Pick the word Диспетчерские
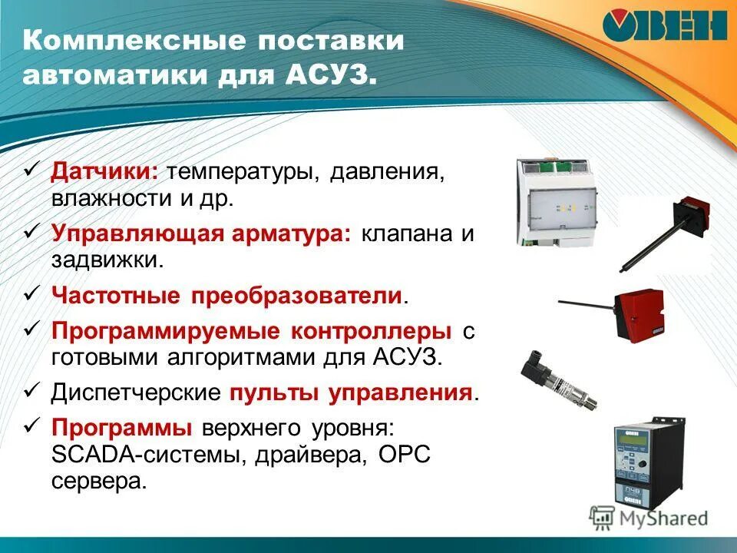click(136, 392)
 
